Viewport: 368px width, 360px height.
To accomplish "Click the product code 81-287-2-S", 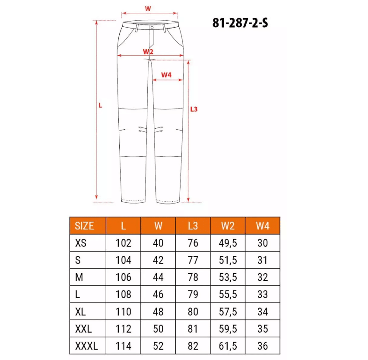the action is [x=240, y=23].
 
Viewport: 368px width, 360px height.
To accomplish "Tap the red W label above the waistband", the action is [x=148, y=9].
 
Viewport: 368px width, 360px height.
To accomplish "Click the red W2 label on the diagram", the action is [x=148, y=51].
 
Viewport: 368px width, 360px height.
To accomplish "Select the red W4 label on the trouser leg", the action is [x=166, y=75].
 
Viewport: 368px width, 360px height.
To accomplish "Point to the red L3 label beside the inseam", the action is [x=194, y=109].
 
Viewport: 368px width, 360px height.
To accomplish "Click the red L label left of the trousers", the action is [x=101, y=105].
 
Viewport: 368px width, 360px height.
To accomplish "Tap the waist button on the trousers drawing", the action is [x=152, y=28].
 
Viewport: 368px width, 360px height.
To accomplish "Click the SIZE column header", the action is [x=84, y=226].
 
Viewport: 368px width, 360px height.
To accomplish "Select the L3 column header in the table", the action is [x=193, y=226].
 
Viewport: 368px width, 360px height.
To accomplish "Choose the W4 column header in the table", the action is [x=263, y=226].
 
